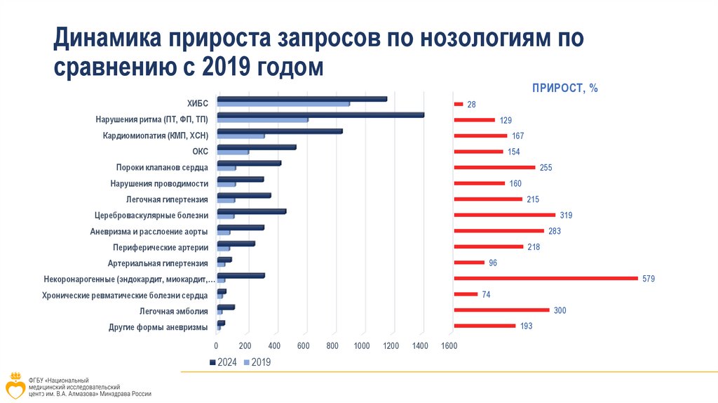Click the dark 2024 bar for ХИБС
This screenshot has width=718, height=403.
click(302, 99)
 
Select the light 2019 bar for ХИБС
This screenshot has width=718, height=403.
click(283, 105)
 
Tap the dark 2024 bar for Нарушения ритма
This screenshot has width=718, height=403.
click(320, 114)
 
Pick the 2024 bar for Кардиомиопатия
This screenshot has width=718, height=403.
click(280, 131)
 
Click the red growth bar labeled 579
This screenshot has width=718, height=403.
click(546, 279)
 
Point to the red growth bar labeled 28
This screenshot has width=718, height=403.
click(459, 105)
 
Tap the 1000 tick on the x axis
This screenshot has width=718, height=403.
click(362, 345)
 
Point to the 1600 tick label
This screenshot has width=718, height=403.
click(449, 345)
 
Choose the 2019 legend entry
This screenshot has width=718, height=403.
click(257, 362)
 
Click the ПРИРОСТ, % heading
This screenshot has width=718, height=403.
click(564, 88)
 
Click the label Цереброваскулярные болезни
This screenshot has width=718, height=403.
click(151, 216)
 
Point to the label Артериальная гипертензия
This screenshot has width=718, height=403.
click(158, 263)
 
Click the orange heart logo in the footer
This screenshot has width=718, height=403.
click(15, 385)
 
